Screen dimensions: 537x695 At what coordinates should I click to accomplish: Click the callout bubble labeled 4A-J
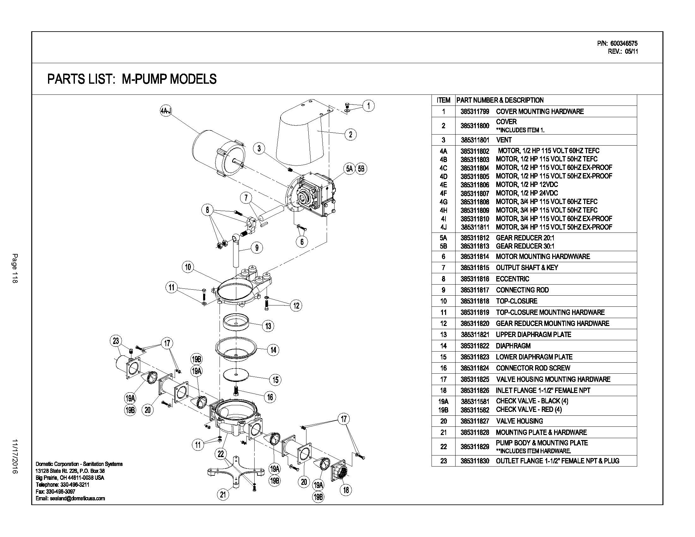(x=166, y=111)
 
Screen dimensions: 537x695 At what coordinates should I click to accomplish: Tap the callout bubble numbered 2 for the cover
(x=350, y=134)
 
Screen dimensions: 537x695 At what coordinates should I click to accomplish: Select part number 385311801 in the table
(x=474, y=140)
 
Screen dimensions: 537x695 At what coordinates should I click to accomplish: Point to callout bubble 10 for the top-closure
(x=188, y=267)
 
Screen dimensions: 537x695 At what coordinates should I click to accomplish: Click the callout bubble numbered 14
(x=273, y=350)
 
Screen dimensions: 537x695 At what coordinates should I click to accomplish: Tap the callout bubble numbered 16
(x=270, y=397)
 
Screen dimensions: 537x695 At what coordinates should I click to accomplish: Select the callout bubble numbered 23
(x=116, y=341)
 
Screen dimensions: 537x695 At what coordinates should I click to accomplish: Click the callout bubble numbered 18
(x=346, y=490)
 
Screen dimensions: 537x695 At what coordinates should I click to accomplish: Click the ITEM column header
(x=443, y=100)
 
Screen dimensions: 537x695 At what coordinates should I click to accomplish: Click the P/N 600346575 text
(x=617, y=43)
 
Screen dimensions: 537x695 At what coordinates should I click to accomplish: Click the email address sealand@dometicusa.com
(x=70, y=498)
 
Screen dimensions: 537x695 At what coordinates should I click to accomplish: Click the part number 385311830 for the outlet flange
(x=474, y=461)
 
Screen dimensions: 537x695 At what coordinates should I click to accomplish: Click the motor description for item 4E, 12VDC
(x=527, y=185)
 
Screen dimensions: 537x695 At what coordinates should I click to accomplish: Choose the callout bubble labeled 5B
(x=361, y=168)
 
